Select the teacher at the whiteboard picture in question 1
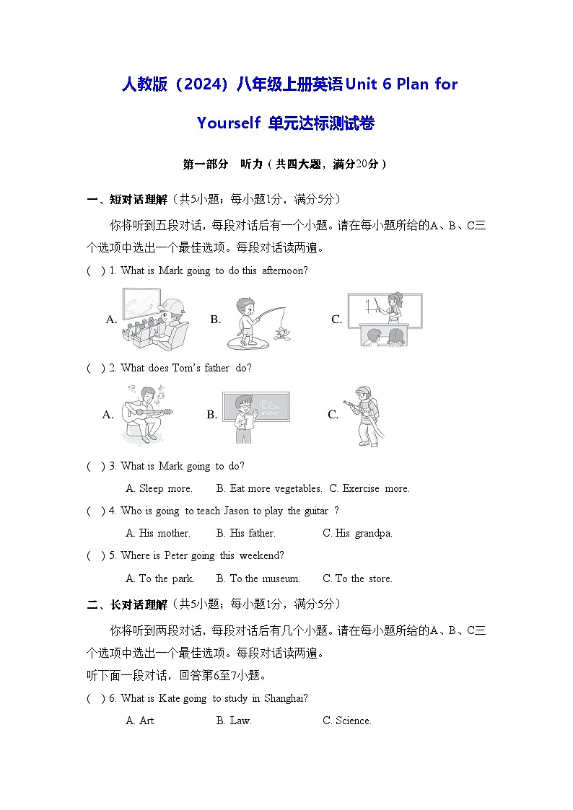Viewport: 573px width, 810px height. (x=384, y=319)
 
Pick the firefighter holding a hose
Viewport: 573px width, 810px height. (x=364, y=415)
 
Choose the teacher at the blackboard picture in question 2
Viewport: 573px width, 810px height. (x=255, y=415)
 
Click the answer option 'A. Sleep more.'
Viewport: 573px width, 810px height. (x=159, y=488)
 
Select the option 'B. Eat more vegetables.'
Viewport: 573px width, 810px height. (x=268, y=488)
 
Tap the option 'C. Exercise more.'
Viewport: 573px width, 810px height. (x=369, y=488)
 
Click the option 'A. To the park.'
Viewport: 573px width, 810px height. (x=159, y=578)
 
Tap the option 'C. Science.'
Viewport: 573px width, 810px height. (x=346, y=721)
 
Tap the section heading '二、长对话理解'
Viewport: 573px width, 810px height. (x=127, y=604)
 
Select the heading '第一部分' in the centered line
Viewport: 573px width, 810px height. (x=205, y=164)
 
